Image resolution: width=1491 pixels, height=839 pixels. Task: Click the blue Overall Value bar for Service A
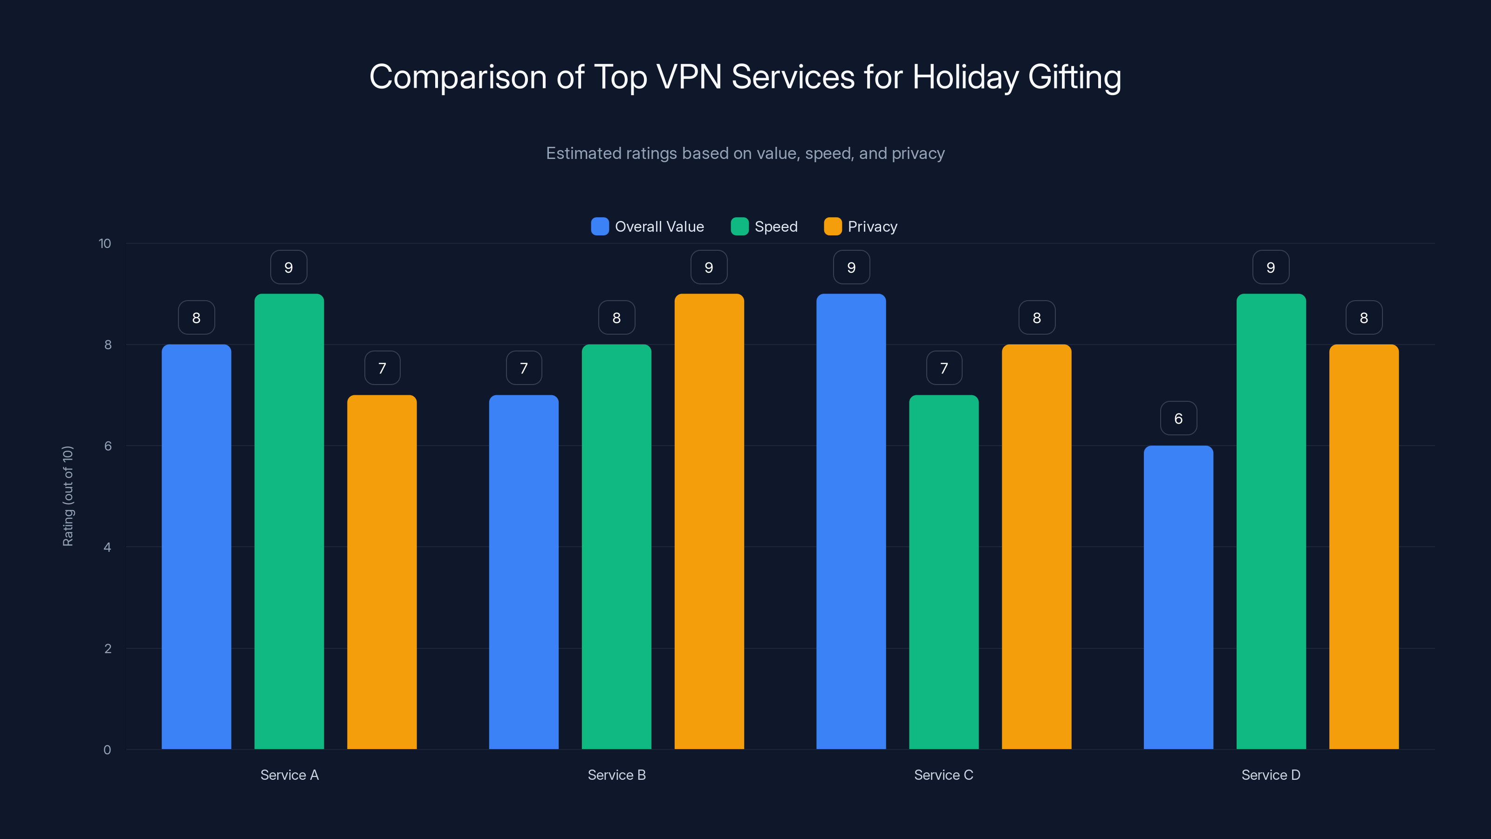(196, 547)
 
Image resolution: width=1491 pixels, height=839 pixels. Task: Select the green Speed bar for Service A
(289, 521)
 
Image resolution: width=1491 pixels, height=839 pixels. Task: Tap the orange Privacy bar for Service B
(709, 521)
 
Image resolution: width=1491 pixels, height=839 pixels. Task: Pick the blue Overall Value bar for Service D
(1178, 597)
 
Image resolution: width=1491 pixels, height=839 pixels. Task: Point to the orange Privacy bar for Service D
(1364, 547)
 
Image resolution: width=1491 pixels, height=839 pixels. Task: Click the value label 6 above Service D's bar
(1178, 418)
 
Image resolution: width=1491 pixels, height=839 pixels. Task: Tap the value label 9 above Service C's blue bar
(851, 267)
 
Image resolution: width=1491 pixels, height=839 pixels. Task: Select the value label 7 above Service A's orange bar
(382, 368)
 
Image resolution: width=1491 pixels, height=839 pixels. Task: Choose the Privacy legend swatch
(832, 227)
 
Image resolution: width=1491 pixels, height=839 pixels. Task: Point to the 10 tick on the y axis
(105, 243)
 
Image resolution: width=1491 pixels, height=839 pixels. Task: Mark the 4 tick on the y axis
(107, 547)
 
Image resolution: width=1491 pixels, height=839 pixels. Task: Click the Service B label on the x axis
(616, 775)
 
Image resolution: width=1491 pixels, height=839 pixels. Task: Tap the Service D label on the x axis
(1271, 775)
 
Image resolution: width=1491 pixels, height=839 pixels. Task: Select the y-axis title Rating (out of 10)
(68, 495)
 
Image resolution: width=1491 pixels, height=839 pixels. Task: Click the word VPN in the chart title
(689, 76)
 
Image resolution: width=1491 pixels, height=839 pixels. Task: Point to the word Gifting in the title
(1074, 76)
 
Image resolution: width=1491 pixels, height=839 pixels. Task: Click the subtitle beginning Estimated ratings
(745, 153)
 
